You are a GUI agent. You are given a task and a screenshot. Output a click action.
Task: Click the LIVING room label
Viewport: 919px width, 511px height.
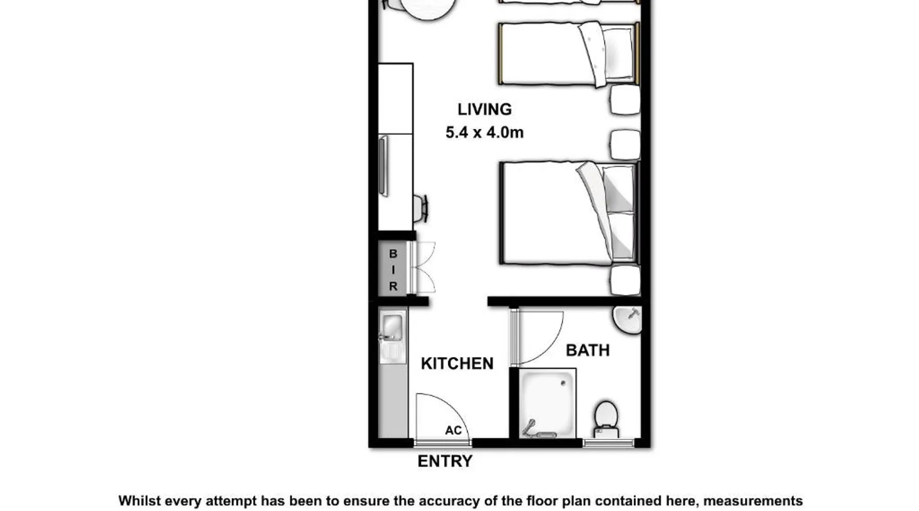[484, 109]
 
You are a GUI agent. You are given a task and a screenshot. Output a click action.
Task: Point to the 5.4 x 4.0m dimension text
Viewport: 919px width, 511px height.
[485, 132]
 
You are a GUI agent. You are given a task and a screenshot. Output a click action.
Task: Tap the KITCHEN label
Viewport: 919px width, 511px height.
[457, 363]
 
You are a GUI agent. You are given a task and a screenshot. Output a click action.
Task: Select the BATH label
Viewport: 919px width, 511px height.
[588, 350]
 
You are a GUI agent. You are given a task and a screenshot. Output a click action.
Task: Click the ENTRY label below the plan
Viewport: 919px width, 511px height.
[445, 461]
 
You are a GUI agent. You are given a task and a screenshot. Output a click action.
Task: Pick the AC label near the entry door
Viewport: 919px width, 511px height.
[453, 430]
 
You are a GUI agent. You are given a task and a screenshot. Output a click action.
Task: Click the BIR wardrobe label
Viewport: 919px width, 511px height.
[393, 270]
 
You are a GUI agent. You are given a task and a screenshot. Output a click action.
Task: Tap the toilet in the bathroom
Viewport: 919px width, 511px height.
[606, 419]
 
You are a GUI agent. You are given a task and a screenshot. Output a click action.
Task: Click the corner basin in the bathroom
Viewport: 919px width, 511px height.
[627, 320]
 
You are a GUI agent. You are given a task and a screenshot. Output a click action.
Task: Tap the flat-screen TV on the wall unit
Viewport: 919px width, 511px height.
[383, 166]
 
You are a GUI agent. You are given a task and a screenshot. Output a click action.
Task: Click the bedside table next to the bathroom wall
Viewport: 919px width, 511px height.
[625, 280]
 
